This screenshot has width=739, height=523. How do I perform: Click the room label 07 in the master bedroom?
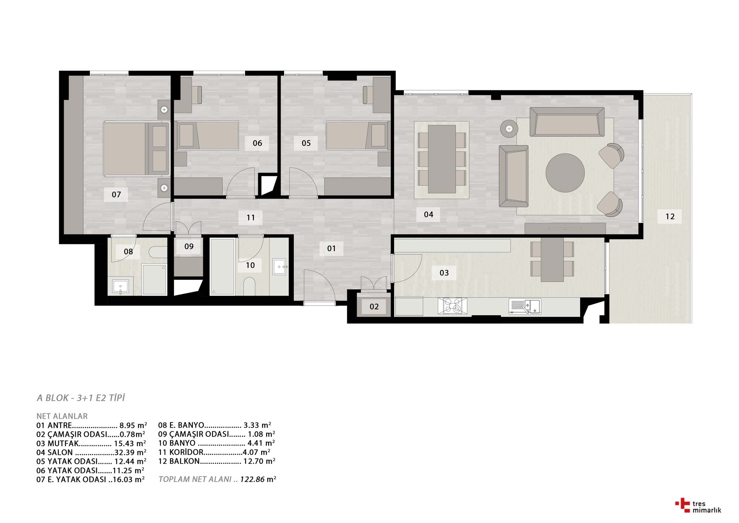tap(116, 194)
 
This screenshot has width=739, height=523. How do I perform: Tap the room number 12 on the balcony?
tap(670, 217)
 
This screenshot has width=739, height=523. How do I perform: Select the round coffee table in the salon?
tap(565, 173)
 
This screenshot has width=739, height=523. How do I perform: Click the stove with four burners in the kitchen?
tap(452, 306)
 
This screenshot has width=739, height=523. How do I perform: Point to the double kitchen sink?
tap(525, 306)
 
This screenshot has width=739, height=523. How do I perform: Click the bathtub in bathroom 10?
tap(222, 266)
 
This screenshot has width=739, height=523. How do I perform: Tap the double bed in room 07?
tap(136, 149)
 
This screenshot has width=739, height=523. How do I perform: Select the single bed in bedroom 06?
tap(208, 135)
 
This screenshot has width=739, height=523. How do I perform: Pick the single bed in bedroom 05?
tap(357, 135)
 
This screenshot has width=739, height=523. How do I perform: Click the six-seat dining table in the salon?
tap(442, 159)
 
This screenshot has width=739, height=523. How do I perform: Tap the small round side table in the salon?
tap(509, 129)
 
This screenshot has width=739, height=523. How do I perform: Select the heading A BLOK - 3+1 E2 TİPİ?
tap(81, 398)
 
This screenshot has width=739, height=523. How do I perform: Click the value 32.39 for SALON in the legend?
tap(125, 452)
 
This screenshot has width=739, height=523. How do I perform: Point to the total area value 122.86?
tap(252, 479)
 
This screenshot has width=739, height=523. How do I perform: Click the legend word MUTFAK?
tap(63, 444)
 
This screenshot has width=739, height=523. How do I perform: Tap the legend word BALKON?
tap(184, 461)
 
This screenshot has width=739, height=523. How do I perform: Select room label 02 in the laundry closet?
tap(374, 306)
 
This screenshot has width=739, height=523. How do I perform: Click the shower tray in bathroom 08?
tap(154, 279)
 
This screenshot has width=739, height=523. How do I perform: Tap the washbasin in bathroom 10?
tap(280, 266)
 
